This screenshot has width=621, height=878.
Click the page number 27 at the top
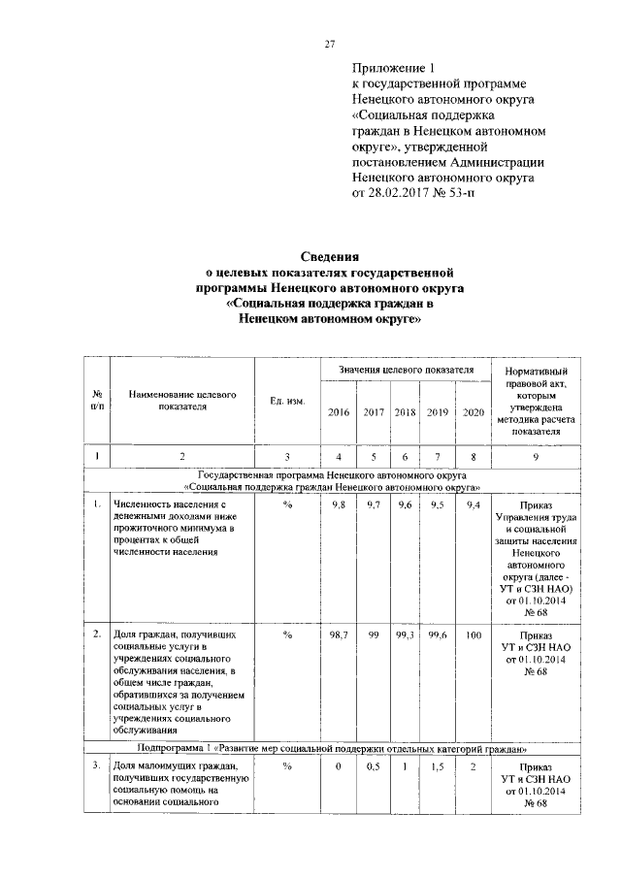click(330, 44)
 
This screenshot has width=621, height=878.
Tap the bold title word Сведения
click(329, 258)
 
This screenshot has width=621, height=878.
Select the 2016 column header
click(339, 412)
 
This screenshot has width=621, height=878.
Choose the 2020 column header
click(474, 412)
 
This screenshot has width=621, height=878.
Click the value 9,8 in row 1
click(339, 506)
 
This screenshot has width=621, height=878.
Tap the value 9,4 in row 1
click(474, 506)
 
